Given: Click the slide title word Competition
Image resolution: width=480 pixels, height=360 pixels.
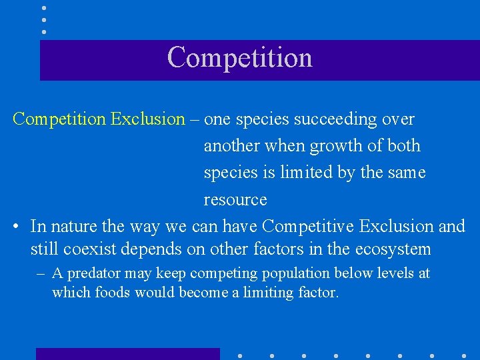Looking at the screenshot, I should pos(240,57).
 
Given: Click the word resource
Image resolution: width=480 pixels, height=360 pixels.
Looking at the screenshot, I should pos(235,200).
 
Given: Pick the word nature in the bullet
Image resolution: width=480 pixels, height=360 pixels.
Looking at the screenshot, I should pos(75,227).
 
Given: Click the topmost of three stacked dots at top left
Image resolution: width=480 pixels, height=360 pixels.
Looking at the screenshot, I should pos(44,8).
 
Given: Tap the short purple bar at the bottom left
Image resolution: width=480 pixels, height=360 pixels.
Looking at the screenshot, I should pos(127,353).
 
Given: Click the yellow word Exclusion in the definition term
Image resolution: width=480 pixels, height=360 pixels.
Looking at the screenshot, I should pos(147,119).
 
